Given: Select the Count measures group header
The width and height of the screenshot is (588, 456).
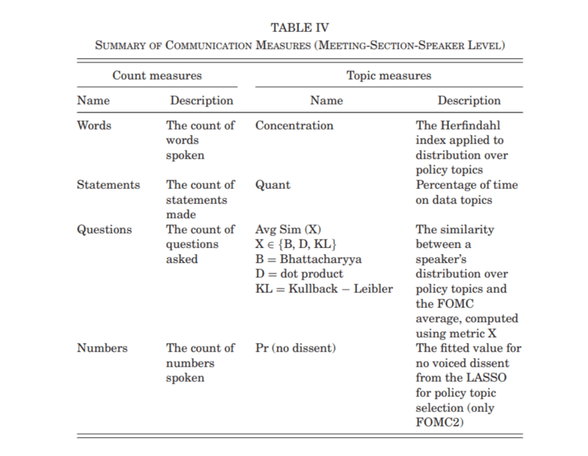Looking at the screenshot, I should [x=156, y=75].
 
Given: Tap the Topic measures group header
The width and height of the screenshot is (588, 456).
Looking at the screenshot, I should [x=388, y=75].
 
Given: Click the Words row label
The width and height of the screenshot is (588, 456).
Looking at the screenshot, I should [x=94, y=125].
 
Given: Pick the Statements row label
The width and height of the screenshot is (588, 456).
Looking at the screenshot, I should [x=108, y=185].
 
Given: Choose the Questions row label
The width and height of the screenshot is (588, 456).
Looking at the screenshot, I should [x=104, y=230].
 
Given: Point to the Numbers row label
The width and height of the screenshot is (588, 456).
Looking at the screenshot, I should [x=102, y=348].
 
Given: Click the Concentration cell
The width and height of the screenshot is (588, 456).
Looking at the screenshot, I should [x=294, y=125].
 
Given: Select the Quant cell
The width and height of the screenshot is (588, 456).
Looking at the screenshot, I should [x=272, y=185].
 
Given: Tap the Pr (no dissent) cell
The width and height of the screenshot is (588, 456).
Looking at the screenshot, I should [x=295, y=348].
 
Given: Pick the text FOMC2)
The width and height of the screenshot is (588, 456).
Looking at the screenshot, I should [x=439, y=422].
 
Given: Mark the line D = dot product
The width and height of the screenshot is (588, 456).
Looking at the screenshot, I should [x=299, y=274].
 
